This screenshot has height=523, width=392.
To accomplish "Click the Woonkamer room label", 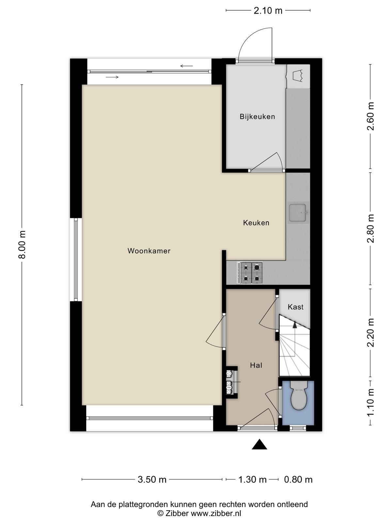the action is point(149,251).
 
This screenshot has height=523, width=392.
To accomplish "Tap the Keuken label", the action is point(256,223).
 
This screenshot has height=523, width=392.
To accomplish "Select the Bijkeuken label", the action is point(257,116).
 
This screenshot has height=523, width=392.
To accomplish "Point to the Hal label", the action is point(256,365).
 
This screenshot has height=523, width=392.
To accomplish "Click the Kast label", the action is point(296,307).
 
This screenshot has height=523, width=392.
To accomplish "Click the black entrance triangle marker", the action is point(259,444).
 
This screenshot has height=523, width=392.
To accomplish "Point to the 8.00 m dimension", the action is point(22,245).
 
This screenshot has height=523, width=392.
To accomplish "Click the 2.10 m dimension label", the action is point(268,11).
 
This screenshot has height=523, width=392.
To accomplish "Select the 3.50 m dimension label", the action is point(152,480).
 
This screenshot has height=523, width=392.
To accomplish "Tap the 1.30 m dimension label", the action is point(253,480).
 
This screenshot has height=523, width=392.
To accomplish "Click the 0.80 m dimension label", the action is point(298,480).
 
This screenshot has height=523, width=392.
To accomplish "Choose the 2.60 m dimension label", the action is point(370,116).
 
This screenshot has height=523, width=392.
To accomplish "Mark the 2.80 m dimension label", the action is point(370,228).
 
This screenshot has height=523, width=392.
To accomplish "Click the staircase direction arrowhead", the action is point(295,324).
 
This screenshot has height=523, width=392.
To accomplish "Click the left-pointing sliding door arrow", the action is point(187,66).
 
